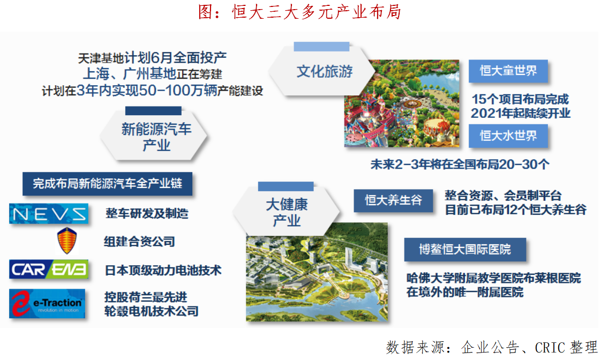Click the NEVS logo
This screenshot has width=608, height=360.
(49, 213)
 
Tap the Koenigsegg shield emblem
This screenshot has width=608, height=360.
(67, 241)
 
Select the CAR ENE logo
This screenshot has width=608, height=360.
(49, 269)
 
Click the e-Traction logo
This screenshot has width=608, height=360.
(47, 303)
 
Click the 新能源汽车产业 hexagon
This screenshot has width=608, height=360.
(154, 136)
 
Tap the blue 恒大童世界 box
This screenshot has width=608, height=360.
(508, 71)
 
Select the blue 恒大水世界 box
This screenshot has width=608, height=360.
(508, 136)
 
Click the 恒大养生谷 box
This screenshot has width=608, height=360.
(393, 200)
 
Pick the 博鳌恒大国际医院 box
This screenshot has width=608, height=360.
(465, 250)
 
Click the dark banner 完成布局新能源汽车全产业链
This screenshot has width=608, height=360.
(108, 184)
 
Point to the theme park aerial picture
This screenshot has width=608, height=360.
(402, 103)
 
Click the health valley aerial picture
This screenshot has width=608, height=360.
(317, 272)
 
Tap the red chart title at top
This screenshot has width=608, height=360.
(299, 12)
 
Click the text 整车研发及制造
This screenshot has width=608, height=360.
(147, 213)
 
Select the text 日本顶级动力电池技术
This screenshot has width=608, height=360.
(163, 270)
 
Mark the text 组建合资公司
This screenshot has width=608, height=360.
(139, 242)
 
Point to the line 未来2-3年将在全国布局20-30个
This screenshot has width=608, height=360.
(460, 164)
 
